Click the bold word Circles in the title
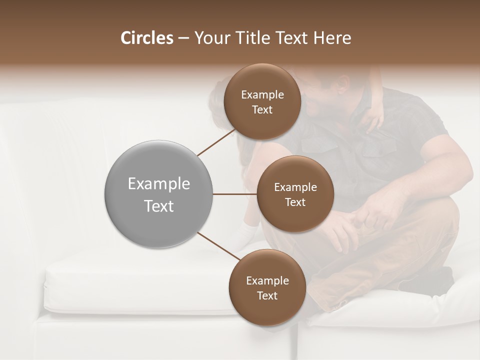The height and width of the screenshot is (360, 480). [146, 38]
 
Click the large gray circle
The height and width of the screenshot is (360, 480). [159, 194]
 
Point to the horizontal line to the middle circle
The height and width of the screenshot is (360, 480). [234, 194]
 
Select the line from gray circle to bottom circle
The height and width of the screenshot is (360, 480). [218, 246]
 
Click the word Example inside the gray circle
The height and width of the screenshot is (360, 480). [159, 184]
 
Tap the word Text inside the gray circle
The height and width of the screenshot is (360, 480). [159, 206]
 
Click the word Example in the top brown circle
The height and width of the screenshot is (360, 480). [262, 95]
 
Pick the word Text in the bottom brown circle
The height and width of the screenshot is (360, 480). [267, 295]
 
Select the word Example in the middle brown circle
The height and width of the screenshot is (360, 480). [295, 187]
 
